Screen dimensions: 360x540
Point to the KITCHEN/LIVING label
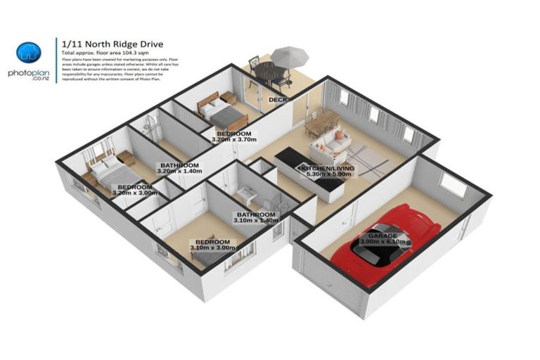coord(328,169)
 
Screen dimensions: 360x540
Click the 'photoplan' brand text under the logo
coord(29,72)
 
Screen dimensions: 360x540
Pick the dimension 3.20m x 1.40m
coord(179,171)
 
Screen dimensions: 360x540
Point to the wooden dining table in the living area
coord(322,124)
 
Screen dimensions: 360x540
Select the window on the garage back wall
coord(453,185)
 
